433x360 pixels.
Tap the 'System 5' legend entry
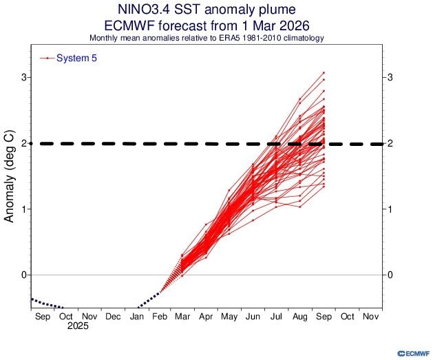tap(76, 59)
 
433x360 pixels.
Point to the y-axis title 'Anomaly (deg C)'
tap(10, 176)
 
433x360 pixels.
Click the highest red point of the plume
tap(324, 72)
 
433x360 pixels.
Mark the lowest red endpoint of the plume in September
tap(324, 187)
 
